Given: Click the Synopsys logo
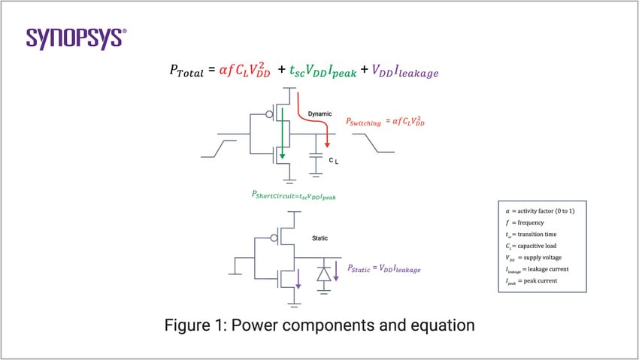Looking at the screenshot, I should click(x=76, y=38).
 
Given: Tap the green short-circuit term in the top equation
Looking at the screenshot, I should click(x=317, y=71).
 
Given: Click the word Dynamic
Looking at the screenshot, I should click(x=320, y=113).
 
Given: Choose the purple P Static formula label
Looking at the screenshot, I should click(x=383, y=268).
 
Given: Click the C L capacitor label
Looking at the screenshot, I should click(x=334, y=161).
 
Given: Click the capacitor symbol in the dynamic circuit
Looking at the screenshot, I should click(x=316, y=157).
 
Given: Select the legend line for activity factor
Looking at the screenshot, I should click(x=542, y=212).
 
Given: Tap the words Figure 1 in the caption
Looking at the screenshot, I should click(x=195, y=325).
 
